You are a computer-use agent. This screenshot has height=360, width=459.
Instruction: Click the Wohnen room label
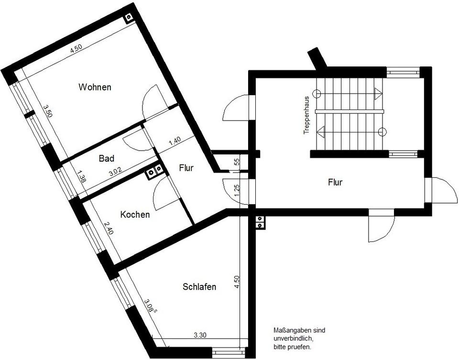[95, 87]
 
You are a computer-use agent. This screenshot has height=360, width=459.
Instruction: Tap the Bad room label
[106, 159]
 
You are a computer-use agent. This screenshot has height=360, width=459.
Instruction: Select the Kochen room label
[135, 215]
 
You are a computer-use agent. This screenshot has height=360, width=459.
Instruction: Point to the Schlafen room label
[199, 287]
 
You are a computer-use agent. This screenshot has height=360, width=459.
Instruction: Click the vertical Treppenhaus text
[306, 117]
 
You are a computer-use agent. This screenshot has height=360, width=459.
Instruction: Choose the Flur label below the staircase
[335, 182]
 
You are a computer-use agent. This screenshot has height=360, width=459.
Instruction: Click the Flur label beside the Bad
[186, 168]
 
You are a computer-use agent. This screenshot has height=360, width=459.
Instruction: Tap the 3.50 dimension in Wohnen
[47, 112]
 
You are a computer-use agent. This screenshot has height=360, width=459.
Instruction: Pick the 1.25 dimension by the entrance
[236, 190]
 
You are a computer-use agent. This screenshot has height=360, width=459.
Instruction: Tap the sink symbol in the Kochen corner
[153, 171]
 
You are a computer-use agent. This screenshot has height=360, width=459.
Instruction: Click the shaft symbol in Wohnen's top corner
[129, 18]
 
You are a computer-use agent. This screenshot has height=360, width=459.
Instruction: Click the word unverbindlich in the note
[293, 338]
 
